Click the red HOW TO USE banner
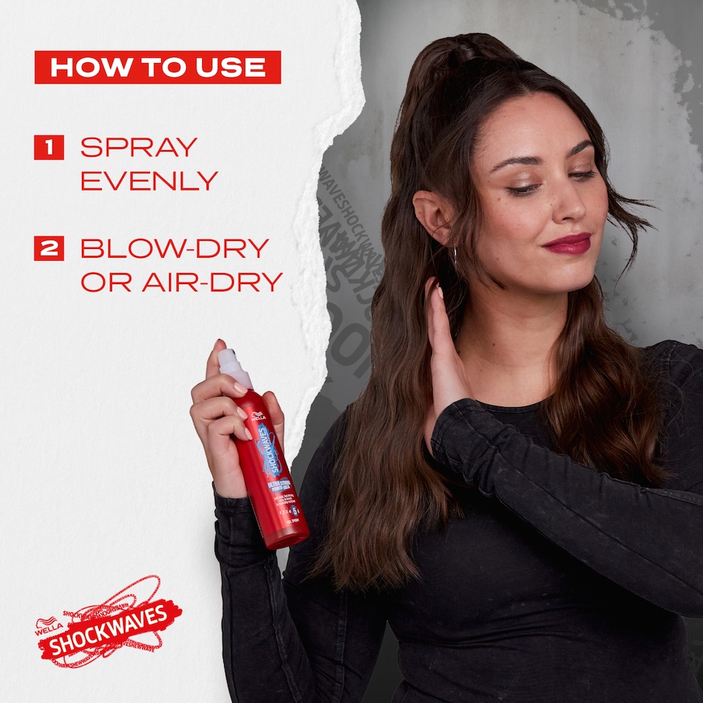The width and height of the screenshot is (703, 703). tap(157, 67)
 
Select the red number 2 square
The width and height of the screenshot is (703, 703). tap(49, 248)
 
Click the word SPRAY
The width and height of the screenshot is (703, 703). tap(139, 147)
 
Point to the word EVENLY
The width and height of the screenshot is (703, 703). tap(149, 180)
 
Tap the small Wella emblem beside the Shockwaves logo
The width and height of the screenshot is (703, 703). tap(48, 627)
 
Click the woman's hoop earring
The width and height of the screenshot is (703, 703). tap(453, 256)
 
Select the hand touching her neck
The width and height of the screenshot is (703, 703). tap(445, 344)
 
